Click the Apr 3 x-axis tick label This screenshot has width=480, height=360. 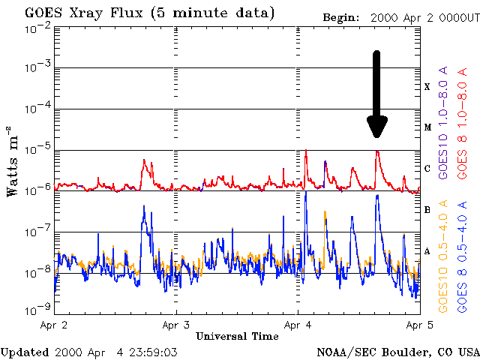point(175,325)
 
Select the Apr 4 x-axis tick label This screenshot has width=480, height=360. point(297,325)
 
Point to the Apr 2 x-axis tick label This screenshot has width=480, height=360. point(54,325)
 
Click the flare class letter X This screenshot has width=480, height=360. point(427,87)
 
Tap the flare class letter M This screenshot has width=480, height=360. point(427,127)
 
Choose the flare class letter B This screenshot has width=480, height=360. point(427,210)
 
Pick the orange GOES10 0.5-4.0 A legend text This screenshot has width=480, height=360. point(444,255)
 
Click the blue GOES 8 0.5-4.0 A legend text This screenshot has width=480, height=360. point(463,255)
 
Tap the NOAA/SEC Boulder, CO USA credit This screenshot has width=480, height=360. point(397,352)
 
